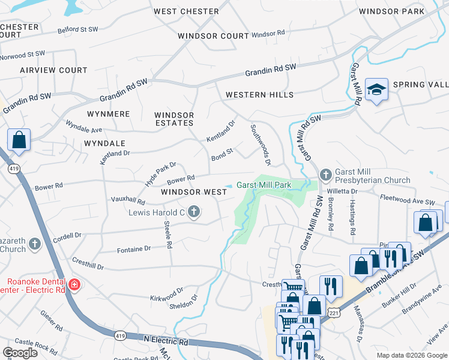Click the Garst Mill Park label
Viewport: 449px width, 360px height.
point(264,185)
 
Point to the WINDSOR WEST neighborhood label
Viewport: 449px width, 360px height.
point(194,192)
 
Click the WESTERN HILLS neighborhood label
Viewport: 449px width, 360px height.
point(259,95)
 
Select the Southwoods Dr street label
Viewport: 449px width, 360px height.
point(261,145)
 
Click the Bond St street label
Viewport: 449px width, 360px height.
point(221,158)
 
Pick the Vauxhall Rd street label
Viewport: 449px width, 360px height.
point(128,200)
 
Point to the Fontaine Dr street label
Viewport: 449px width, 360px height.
point(133,248)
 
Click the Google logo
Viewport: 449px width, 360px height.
point(20,352)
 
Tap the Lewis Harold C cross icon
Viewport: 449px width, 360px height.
point(193,211)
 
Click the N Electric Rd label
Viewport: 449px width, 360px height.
point(166,340)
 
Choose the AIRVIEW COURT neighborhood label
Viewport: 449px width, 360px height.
point(53,70)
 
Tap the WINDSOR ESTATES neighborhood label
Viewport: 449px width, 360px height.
point(174,119)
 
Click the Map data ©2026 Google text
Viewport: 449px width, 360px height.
point(411,355)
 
